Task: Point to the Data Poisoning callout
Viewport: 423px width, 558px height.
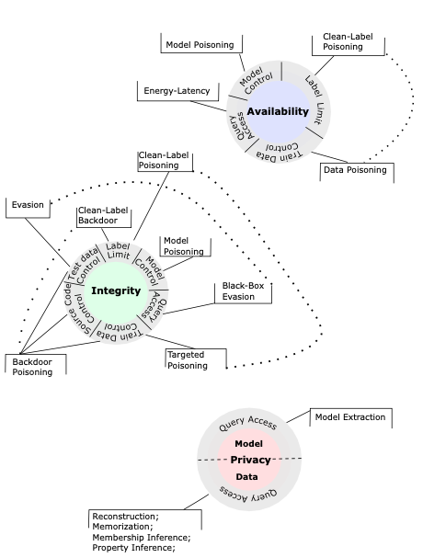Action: click(x=353, y=169)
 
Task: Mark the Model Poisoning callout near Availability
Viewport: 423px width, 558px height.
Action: click(x=199, y=44)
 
